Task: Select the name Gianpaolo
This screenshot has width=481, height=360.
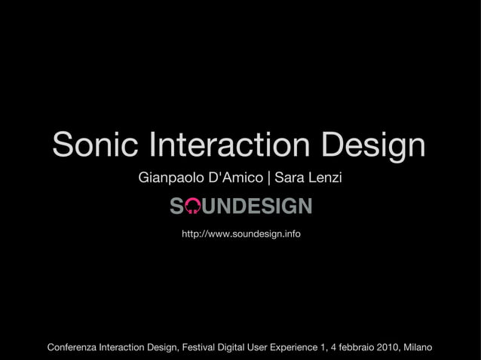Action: coord(167,179)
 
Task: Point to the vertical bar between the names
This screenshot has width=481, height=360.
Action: coord(270,179)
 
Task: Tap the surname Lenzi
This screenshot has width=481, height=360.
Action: coord(323,178)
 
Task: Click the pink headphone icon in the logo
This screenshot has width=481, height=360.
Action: coord(193,206)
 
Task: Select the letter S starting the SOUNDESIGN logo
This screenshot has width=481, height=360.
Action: coord(176,206)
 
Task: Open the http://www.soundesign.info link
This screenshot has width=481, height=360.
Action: coord(240,235)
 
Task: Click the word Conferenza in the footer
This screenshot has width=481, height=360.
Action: coord(72,347)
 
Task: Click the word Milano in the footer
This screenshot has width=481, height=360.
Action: coord(418,347)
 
